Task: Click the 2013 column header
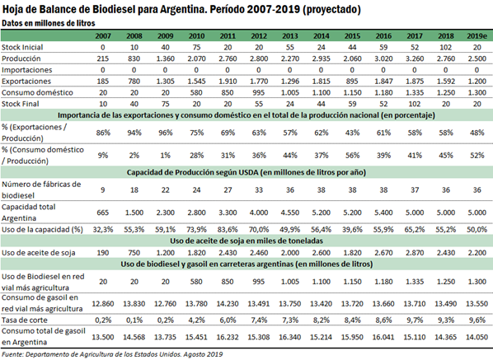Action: tap(289, 35)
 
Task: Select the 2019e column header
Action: tap(477, 35)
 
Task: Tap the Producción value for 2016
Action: tap(383, 58)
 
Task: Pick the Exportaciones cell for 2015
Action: tap(352, 82)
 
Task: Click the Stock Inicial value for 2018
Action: tap(445, 48)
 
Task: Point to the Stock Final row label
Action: tap(21, 104)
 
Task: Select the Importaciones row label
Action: tap(26, 70)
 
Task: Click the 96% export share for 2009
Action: tap(166, 133)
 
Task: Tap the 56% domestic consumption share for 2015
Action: tap(352, 155)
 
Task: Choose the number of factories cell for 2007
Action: tap(103, 189)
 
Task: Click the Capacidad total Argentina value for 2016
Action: tap(383, 213)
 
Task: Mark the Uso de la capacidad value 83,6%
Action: tap(228, 230)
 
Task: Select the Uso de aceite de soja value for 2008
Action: tap(134, 253)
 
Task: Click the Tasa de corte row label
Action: tap(25, 320)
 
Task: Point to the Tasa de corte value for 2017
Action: tap(415, 320)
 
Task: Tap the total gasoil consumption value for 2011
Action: tap(228, 337)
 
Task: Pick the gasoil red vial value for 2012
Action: tap(259, 304)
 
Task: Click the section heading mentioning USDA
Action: tap(246, 172)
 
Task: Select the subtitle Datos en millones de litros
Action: tap(49, 23)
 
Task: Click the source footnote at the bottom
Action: tap(112, 354)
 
